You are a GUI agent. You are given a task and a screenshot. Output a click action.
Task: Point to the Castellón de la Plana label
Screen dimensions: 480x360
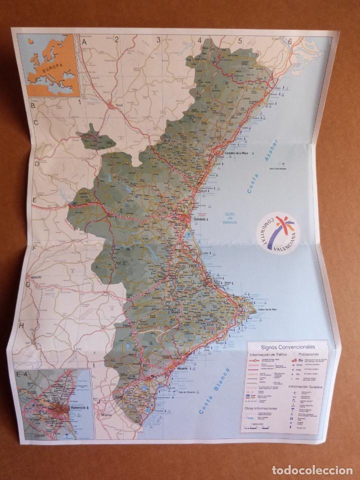236,153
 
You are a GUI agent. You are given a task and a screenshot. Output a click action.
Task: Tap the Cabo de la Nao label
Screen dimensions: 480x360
268,310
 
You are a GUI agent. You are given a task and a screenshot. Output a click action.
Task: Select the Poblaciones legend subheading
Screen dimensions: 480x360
309,353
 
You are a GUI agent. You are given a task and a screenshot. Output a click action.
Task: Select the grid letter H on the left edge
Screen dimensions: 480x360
21,325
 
